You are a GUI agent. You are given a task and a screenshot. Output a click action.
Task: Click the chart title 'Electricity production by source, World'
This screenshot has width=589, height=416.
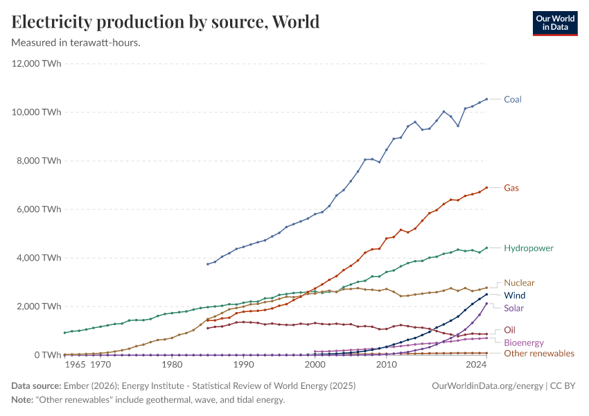[166, 22]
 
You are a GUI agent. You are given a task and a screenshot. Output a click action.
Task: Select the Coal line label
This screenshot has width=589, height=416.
[513, 99]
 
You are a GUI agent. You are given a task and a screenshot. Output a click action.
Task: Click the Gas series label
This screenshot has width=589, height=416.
[511, 188]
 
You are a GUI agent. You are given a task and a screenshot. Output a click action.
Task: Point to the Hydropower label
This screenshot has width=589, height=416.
[529, 248]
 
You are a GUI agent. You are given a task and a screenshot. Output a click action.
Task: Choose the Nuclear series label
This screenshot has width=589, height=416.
[519, 283]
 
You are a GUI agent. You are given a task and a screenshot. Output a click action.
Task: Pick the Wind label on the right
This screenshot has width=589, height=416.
[514, 295]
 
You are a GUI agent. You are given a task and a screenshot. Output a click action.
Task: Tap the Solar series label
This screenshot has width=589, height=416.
[513, 308]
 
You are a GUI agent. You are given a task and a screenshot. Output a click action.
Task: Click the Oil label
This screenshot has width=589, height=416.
[509, 330]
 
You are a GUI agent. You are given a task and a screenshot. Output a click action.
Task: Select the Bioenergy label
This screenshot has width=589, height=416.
[523, 343]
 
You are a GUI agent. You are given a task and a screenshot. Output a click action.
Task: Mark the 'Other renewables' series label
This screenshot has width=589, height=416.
[539, 354]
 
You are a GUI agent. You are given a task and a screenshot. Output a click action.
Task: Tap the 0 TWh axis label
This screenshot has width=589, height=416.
[47, 355]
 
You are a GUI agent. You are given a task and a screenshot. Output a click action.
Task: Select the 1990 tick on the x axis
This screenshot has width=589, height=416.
[243, 364]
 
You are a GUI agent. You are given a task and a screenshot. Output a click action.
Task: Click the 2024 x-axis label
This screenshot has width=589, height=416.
[475, 364]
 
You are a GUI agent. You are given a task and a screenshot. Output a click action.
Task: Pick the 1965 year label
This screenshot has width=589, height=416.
[76, 364]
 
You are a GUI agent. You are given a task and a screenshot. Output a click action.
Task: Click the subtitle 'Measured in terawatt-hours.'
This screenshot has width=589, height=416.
[76, 43]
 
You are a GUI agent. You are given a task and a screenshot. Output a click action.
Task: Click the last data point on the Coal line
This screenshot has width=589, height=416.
[486, 99]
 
